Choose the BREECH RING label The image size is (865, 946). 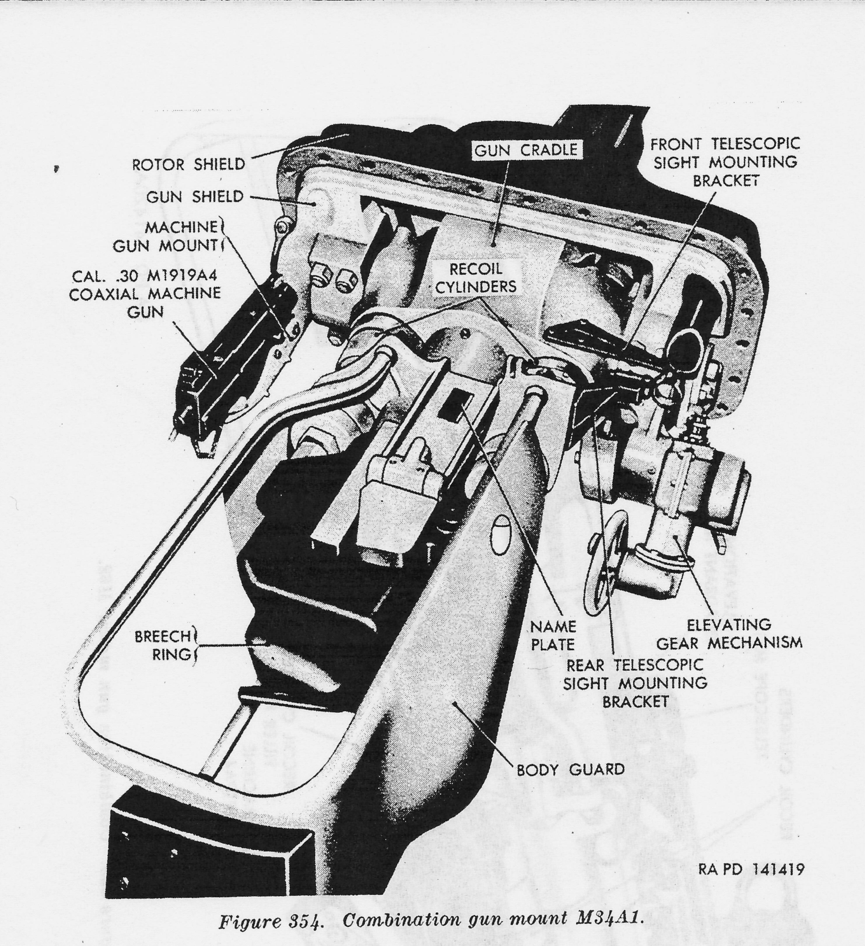[x=163, y=645]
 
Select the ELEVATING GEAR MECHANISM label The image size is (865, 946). [x=729, y=634]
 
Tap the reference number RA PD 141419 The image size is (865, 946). [x=750, y=869]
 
